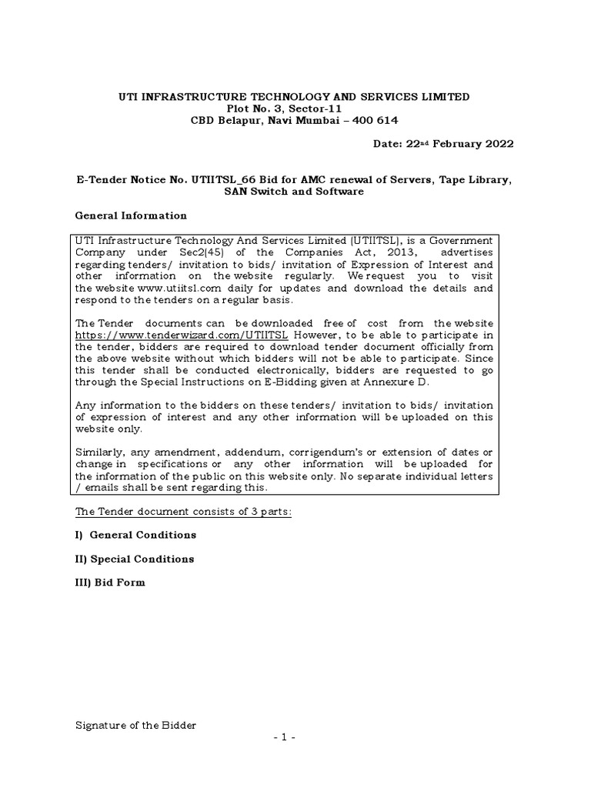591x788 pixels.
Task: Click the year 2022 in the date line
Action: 492,144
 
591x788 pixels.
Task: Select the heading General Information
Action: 130,215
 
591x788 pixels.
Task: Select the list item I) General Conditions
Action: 135,534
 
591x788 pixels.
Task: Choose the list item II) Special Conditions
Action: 134,559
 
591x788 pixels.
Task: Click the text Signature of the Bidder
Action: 135,725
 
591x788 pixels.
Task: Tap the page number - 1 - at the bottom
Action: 295,737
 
